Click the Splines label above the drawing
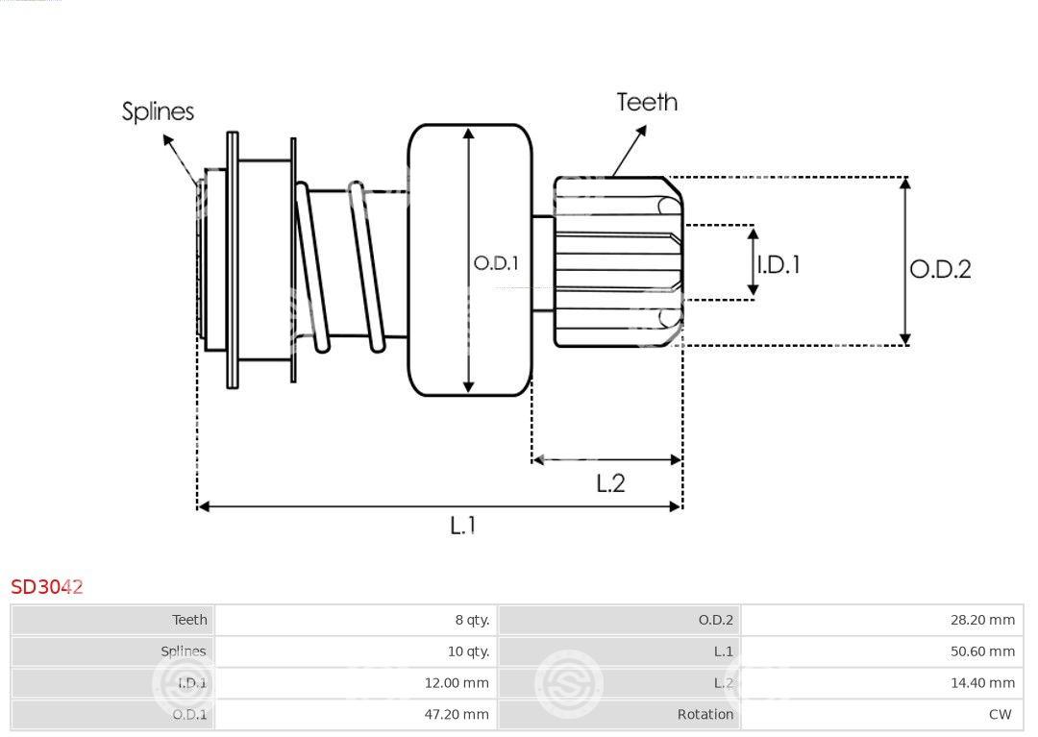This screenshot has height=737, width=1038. [158, 111]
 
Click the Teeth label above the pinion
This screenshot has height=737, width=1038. [647, 102]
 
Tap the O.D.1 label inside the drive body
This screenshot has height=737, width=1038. [496, 263]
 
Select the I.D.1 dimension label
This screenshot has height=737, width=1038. [778, 264]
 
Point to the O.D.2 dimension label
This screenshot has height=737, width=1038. [940, 269]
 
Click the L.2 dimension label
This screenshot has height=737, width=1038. [610, 483]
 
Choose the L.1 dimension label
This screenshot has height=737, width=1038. [462, 526]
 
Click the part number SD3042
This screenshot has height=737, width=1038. [47, 587]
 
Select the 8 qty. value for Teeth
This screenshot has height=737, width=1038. [472, 620]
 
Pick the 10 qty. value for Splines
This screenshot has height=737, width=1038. [468, 651]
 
